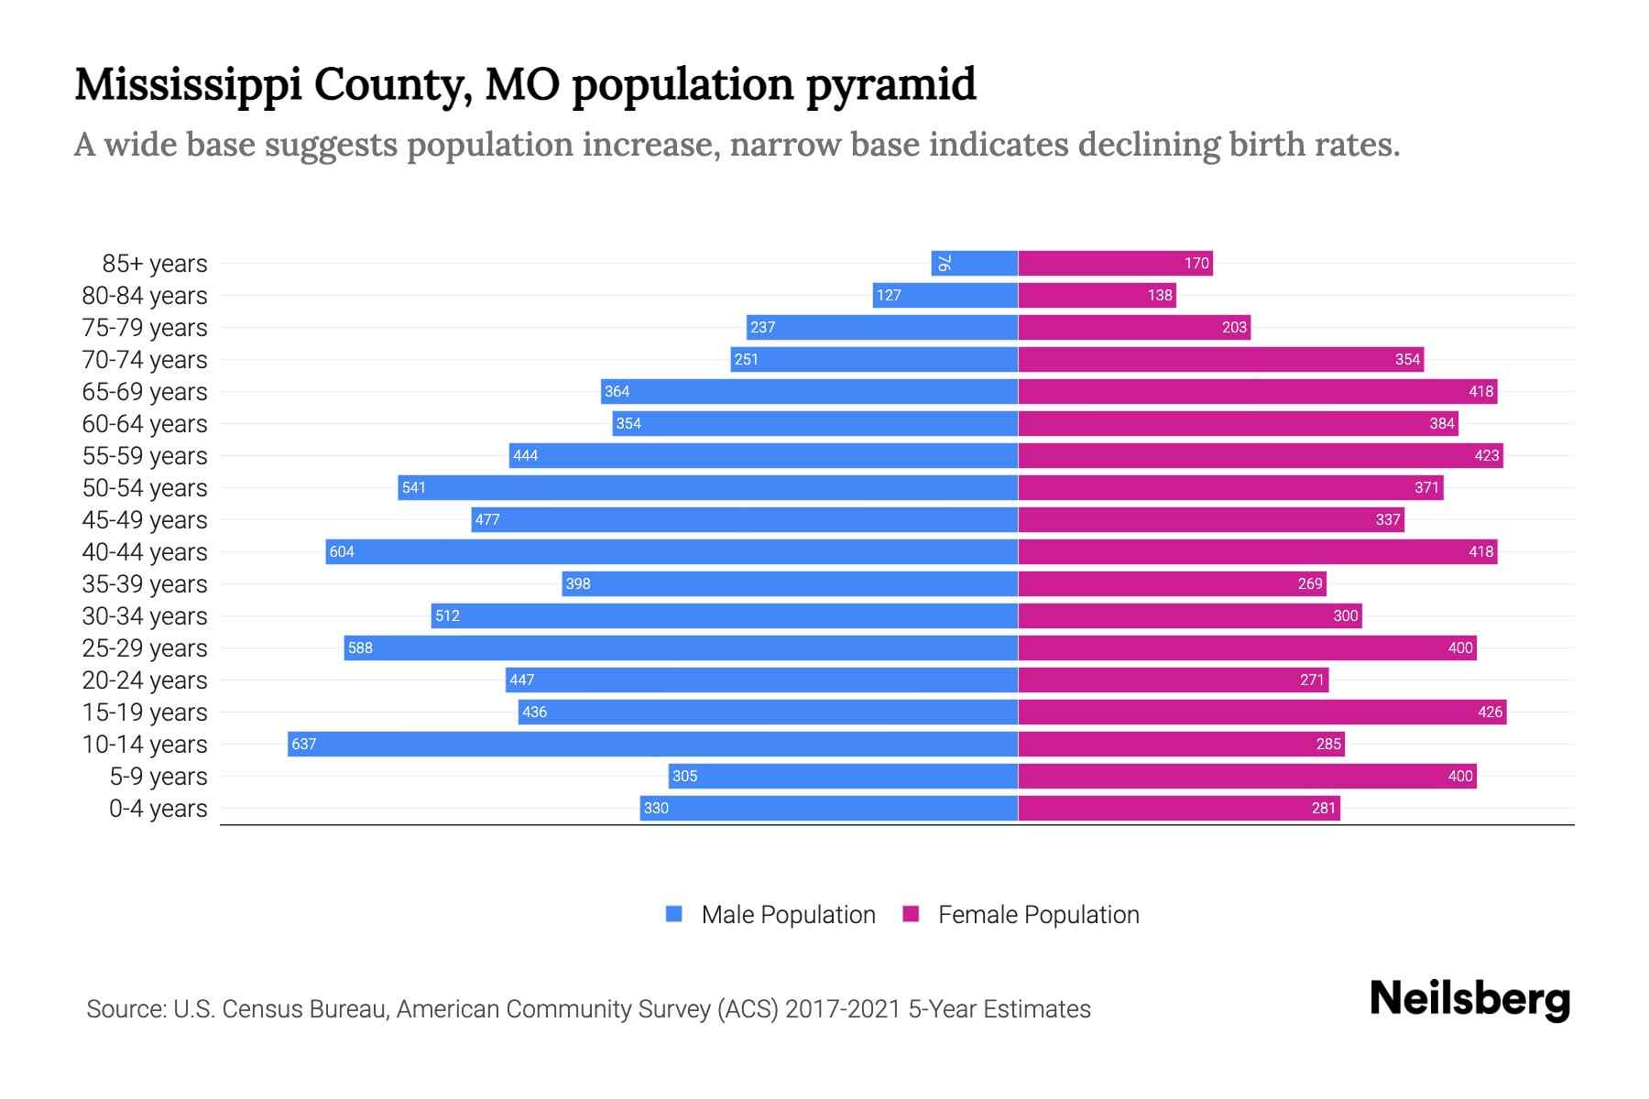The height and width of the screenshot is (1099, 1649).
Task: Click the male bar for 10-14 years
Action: tap(652, 744)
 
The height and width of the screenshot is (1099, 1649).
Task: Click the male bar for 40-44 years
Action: tap(672, 551)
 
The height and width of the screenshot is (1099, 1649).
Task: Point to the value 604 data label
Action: tap(342, 551)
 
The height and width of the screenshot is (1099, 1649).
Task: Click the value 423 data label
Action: tap(1486, 455)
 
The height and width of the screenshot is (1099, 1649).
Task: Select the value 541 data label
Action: tap(414, 487)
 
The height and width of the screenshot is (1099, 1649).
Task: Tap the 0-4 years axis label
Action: tap(158, 809)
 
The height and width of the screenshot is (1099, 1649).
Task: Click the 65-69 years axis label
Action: tap(145, 392)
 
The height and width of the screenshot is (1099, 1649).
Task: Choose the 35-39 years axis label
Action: tap(145, 584)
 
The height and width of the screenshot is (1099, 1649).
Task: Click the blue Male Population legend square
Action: tap(674, 914)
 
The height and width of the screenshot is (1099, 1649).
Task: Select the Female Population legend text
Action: tap(1038, 915)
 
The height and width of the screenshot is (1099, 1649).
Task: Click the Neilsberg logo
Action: tap(1469, 999)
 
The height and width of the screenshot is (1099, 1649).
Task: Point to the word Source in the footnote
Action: tap(125, 1009)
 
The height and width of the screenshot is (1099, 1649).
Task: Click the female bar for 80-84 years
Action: tap(1097, 295)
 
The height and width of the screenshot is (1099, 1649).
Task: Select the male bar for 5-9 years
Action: tap(843, 776)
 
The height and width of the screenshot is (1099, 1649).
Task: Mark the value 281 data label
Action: tap(1323, 808)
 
